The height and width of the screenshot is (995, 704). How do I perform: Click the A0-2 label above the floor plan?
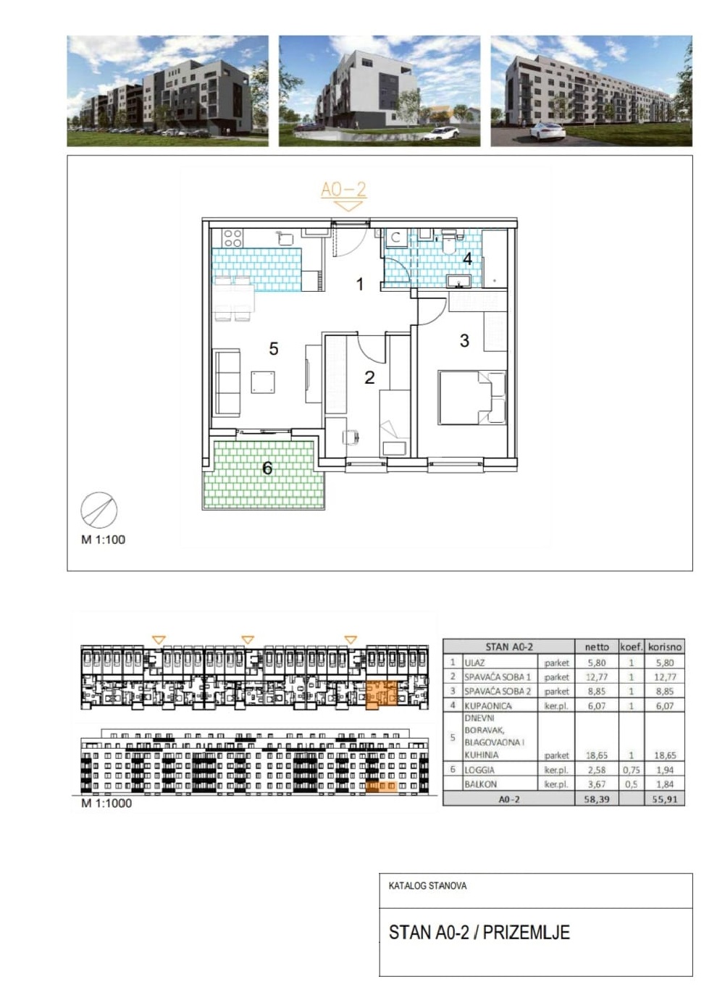tap(343, 190)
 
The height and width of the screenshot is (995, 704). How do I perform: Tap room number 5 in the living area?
tap(274, 349)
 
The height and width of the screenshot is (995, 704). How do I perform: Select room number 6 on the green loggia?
tap(267, 468)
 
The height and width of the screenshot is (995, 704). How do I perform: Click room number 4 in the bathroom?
tap(467, 259)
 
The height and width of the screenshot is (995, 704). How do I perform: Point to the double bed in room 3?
tap(472, 398)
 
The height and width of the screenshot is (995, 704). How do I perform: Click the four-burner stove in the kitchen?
tap(232, 238)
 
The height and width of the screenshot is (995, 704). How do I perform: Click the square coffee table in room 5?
tap(263, 382)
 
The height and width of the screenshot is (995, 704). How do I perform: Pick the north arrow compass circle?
tap(99, 510)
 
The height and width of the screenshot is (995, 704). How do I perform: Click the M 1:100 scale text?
tap(103, 540)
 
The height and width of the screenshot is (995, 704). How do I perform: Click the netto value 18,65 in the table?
tap(597, 755)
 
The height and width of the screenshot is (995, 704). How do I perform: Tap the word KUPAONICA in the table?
tap(488, 705)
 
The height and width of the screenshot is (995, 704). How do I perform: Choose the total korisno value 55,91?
tap(665, 799)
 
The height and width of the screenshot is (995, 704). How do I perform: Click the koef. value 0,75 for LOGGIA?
tap(631, 769)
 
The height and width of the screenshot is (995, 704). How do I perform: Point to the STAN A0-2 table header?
tap(509, 647)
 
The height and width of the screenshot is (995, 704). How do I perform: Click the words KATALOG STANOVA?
tap(428, 886)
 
